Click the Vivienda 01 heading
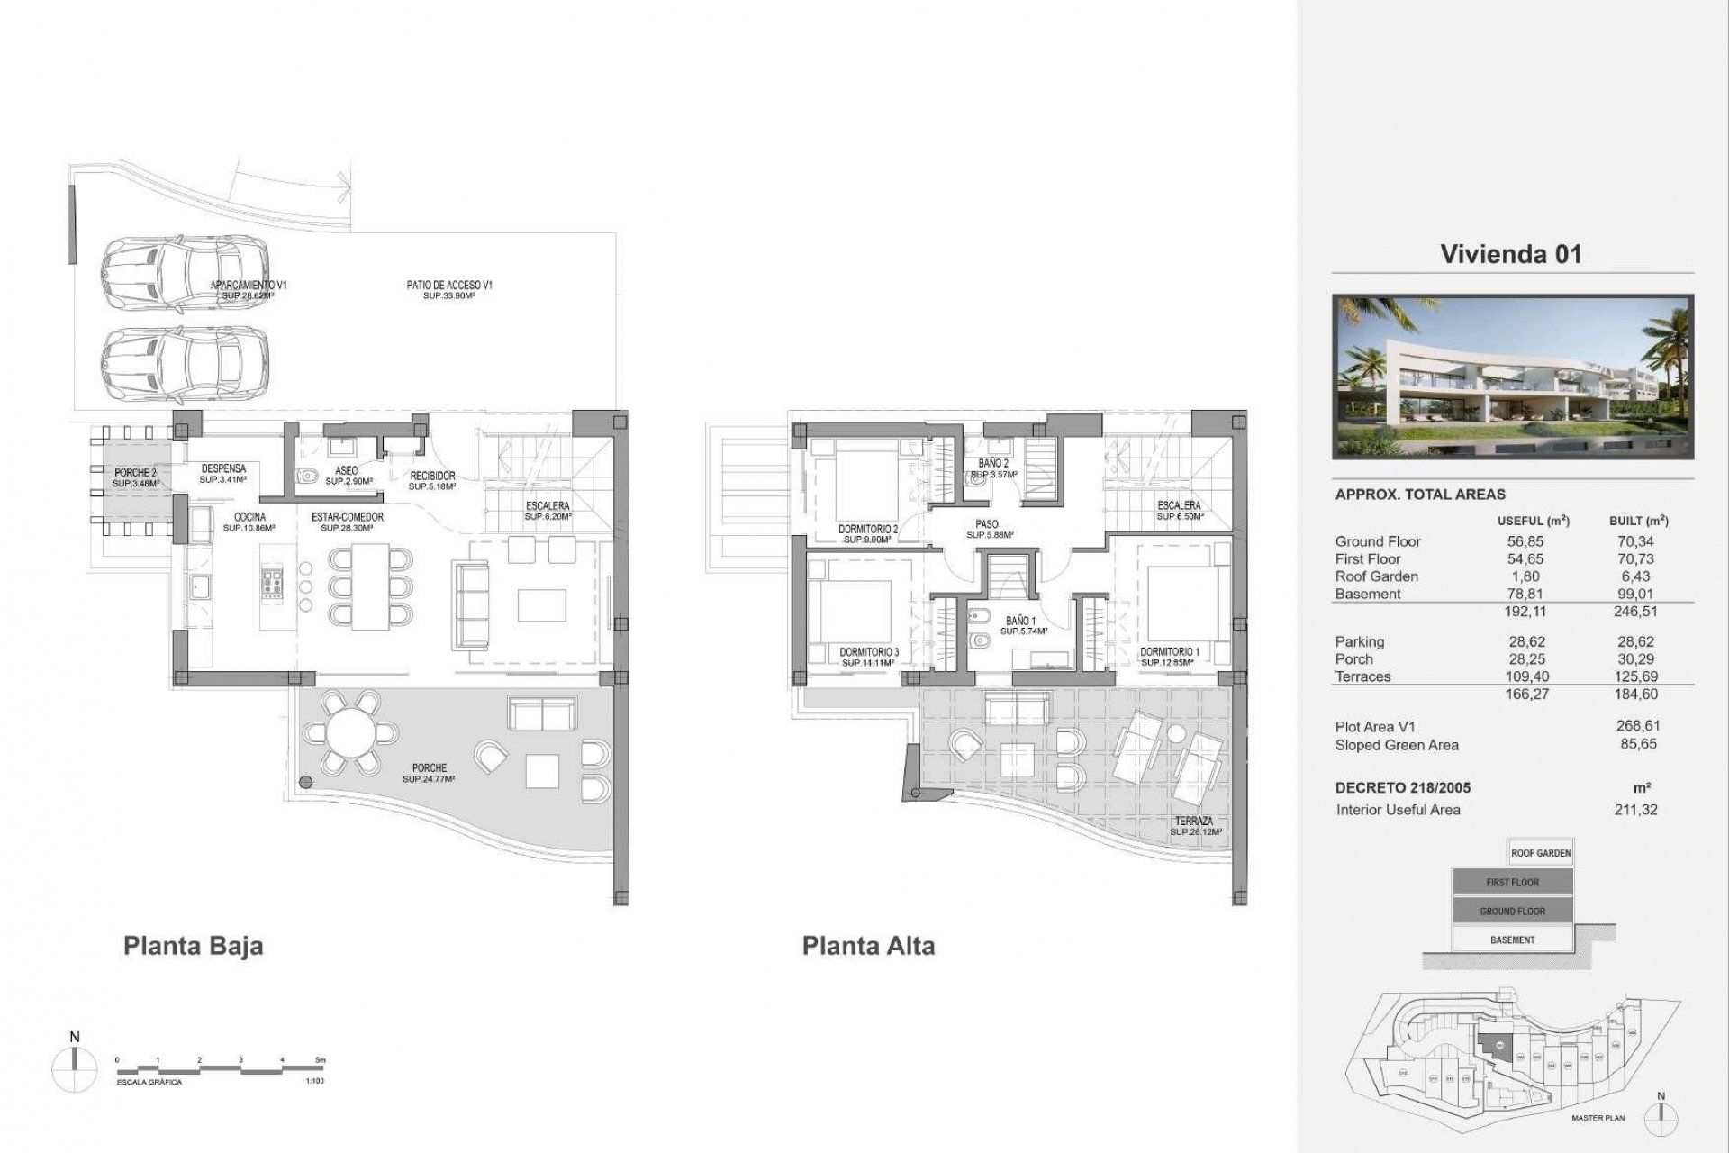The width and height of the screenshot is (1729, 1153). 1510,254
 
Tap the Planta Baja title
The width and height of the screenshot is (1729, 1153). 193,946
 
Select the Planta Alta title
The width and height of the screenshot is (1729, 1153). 868,946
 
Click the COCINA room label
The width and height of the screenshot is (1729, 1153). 249,517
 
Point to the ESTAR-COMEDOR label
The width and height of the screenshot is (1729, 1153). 348,517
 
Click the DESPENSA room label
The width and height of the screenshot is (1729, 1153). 223,468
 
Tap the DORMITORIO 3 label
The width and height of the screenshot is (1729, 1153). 868,652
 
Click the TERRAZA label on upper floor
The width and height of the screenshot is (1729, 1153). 1194,821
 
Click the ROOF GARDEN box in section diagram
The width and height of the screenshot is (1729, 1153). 1541,853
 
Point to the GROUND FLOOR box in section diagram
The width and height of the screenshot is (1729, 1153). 1512,911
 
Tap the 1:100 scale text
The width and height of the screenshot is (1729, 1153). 314,1081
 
